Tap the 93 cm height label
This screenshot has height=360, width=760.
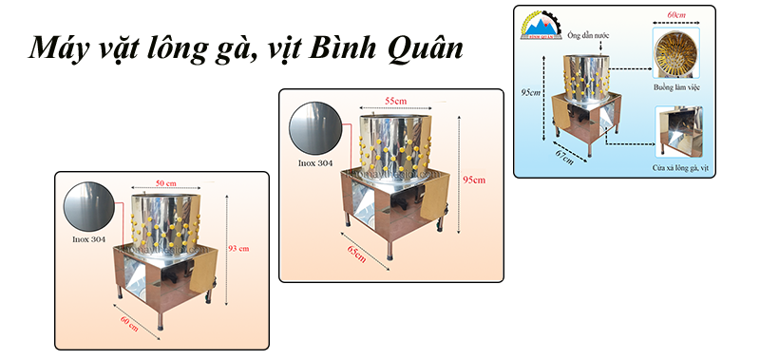237,248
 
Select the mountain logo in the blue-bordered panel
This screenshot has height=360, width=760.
538,28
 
